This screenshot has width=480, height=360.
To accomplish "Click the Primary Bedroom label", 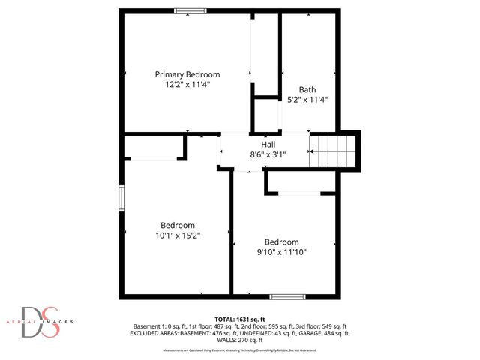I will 187,74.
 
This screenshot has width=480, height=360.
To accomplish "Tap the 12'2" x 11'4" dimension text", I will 187,85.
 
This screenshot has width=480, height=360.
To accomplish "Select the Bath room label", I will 307,88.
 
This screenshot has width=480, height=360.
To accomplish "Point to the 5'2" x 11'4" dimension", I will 307,99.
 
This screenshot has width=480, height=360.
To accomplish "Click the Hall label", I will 268,144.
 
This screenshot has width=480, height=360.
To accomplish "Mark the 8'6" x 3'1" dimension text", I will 268,154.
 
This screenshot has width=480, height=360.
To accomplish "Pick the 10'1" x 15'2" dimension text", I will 178,235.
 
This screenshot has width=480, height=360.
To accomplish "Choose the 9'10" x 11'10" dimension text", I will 281,252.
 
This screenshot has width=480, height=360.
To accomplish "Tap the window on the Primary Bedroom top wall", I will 190,10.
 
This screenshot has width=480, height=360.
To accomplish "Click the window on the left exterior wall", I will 121,198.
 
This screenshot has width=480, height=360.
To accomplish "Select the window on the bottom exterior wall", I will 288,296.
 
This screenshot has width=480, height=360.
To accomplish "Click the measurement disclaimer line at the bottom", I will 240,350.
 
